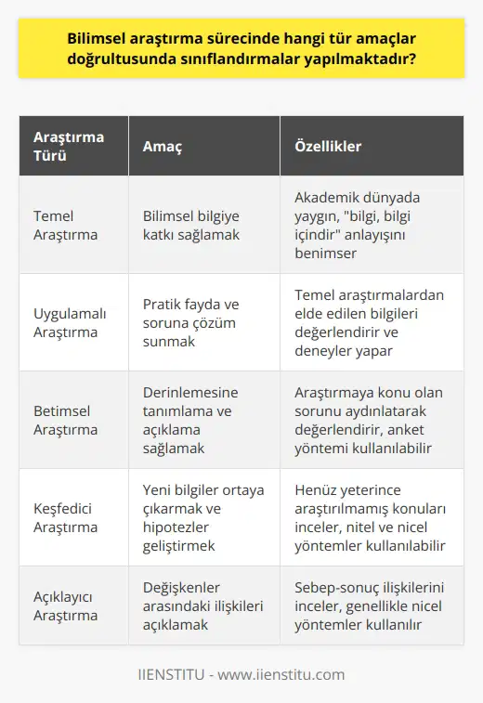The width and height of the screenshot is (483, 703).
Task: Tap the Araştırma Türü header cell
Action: [x=70, y=147]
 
